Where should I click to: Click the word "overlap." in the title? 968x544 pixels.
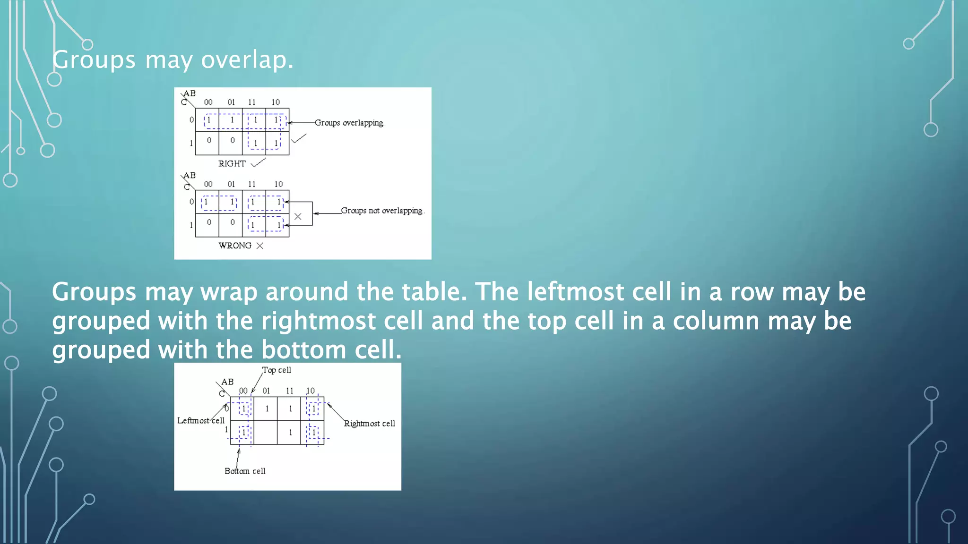247,60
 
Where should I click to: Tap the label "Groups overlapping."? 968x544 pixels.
349,123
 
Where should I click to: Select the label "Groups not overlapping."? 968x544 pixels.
382,211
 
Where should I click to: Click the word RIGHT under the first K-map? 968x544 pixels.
232,164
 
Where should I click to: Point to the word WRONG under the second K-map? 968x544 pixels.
234,246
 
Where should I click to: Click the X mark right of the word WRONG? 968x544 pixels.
260,246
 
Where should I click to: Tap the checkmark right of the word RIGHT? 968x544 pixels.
259,162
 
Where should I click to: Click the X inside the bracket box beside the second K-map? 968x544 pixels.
298,216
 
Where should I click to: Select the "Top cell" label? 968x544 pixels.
277,370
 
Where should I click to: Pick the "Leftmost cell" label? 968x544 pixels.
200,420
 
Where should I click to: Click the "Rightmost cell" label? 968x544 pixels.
369,424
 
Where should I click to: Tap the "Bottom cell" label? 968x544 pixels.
245,471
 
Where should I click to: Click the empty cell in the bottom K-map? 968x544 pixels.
266,432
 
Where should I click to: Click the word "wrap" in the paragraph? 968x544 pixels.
229,292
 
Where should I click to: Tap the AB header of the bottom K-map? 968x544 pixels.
227,382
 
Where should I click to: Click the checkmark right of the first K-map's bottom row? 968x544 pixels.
299,138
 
